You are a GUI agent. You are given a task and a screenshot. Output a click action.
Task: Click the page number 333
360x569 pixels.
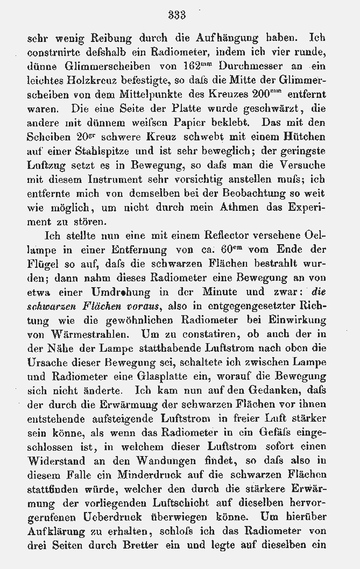[x=177, y=16]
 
